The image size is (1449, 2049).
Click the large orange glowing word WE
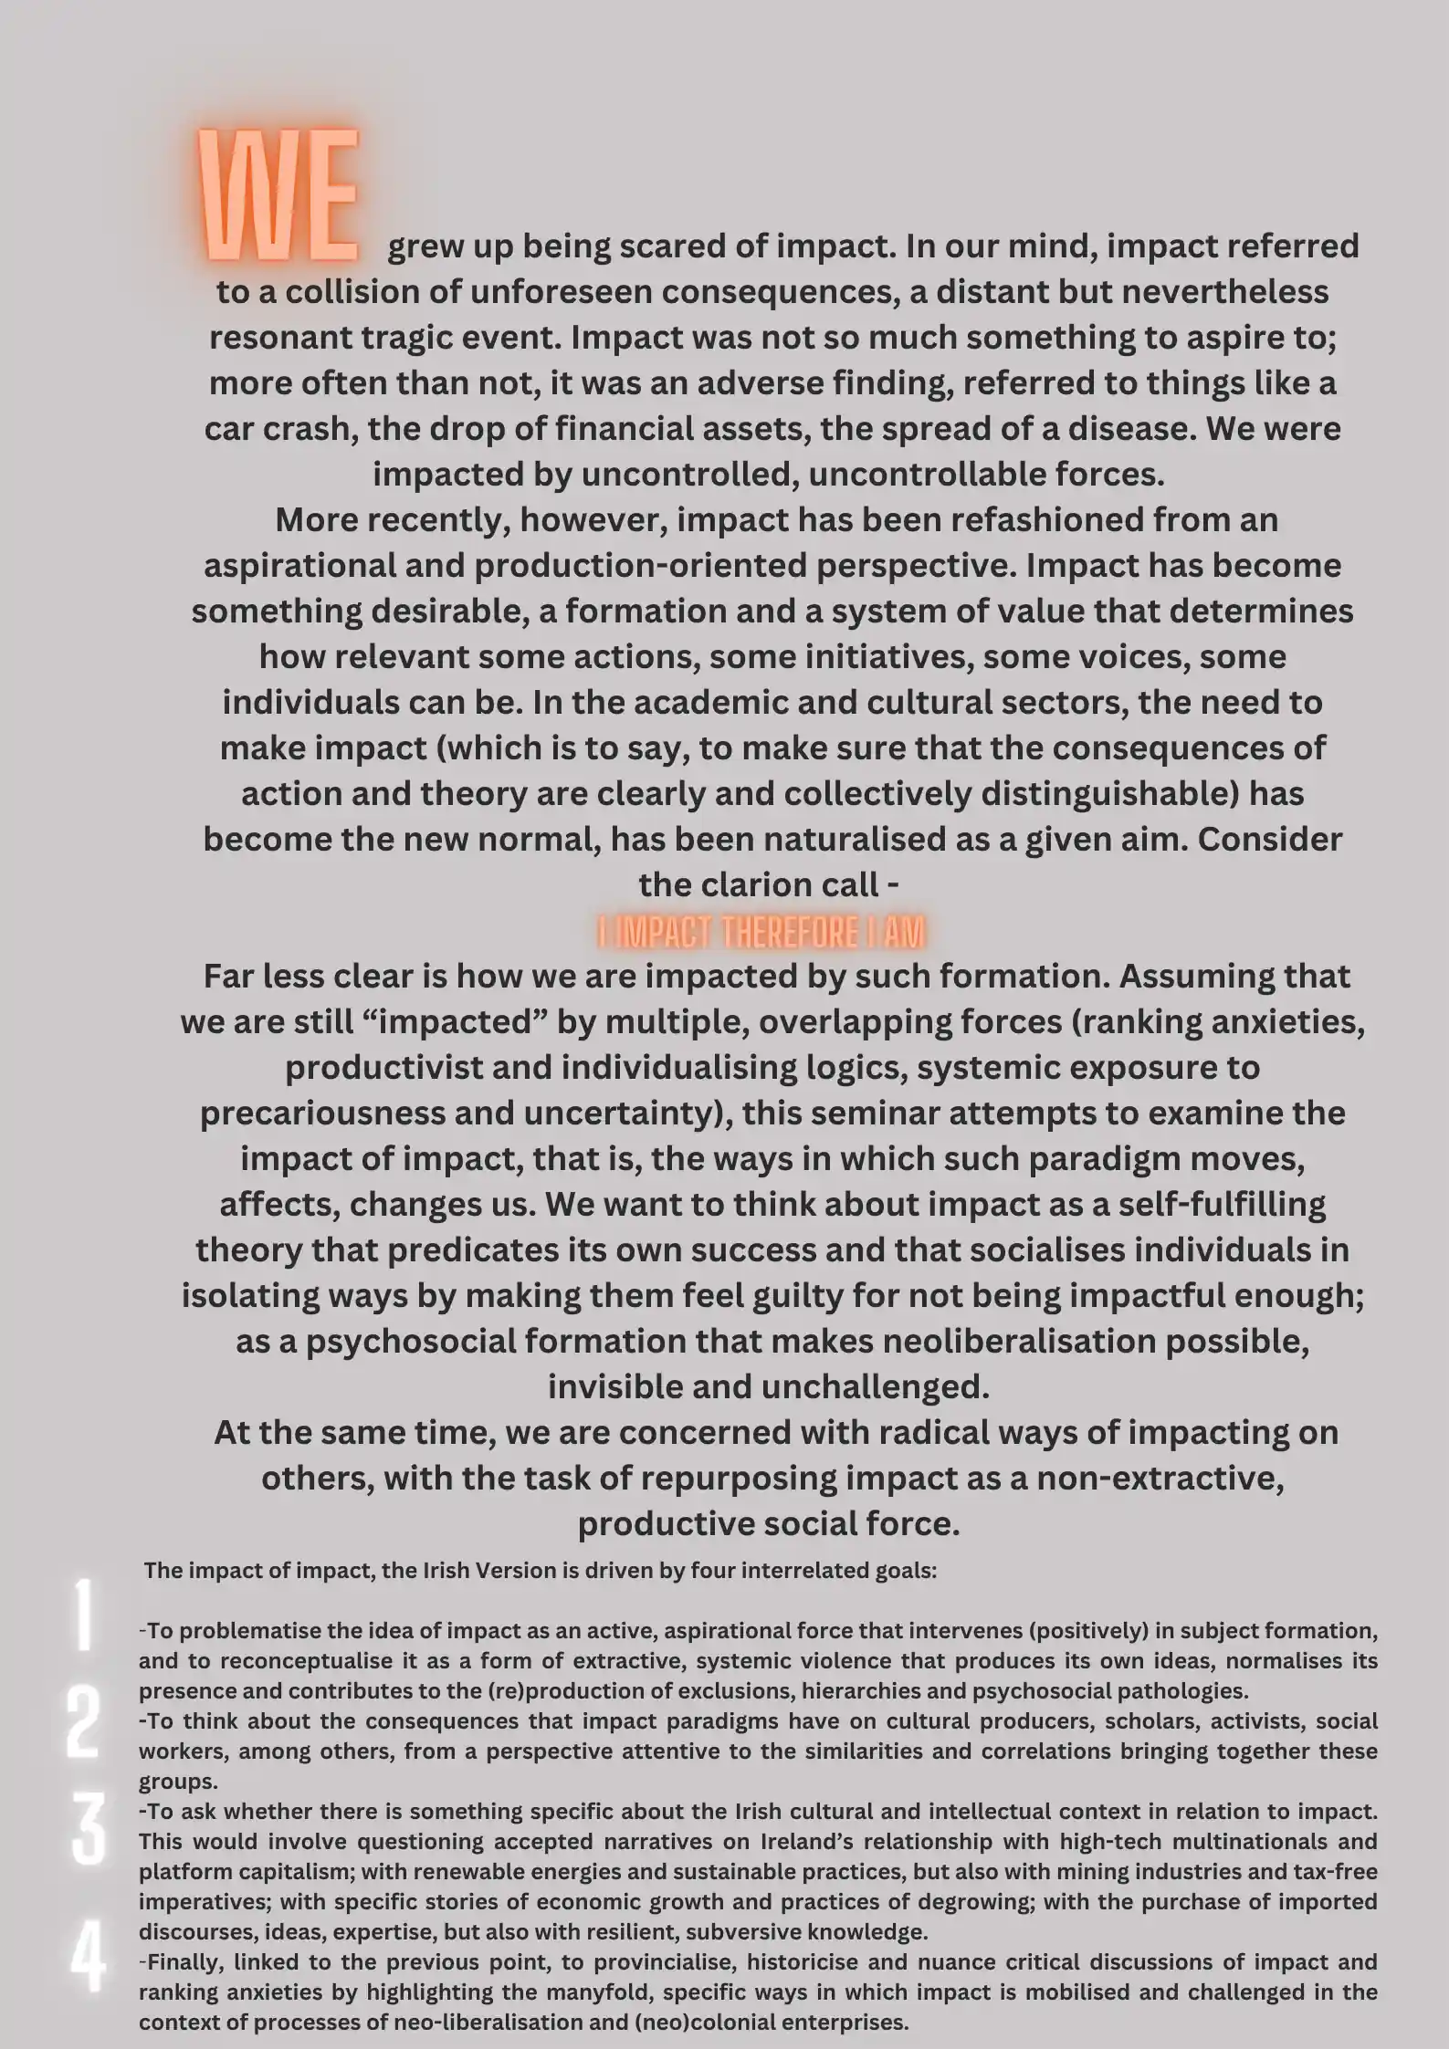point(279,195)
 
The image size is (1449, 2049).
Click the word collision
point(357,292)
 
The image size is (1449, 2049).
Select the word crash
point(307,429)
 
